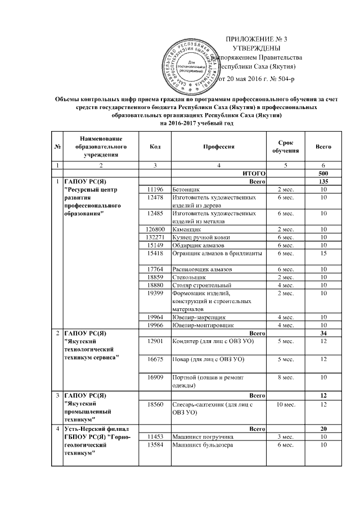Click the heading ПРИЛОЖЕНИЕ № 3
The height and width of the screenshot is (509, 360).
pyautogui.click(x=256, y=39)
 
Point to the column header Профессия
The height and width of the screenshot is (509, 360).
pyautogui.click(x=218, y=146)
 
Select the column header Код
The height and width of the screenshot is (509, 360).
pyautogui.click(x=155, y=146)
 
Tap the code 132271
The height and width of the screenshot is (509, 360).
pyautogui.click(x=155, y=237)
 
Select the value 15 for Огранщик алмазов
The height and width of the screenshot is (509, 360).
pyautogui.click(x=323, y=253)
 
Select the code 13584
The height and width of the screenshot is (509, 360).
pyautogui.click(x=155, y=444)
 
